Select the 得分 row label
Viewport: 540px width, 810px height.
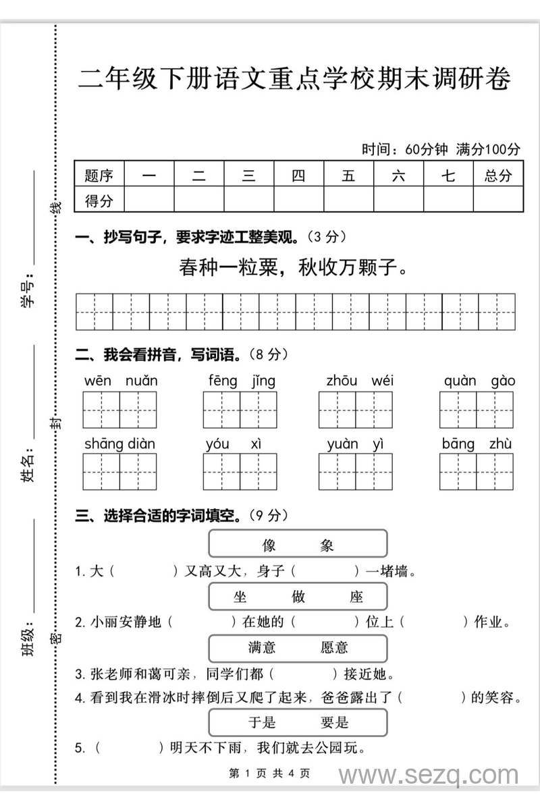[x=99, y=200]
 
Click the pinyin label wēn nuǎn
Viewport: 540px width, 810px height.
[x=121, y=381]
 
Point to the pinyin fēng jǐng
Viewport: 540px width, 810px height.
[x=242, y=381]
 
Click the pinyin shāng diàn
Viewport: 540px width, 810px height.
[x=119, y=443]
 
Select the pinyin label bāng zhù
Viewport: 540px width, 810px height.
[x=477, y=443]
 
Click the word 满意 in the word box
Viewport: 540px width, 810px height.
[x=262, y=648]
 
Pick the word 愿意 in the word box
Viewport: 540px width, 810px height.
[x=334, y=648]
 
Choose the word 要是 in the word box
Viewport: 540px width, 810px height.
[x=334, y=723]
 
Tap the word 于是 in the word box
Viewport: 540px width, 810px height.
[x=262, y=723]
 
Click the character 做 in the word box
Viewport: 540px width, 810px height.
[x=298, y=597]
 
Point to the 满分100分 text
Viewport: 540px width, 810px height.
[x=489, y=148]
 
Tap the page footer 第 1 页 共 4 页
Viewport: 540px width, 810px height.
[x=269, y=774]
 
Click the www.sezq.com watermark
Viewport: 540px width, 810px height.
[x=429, y=776]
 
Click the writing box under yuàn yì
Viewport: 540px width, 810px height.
[x=356, y=471]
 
